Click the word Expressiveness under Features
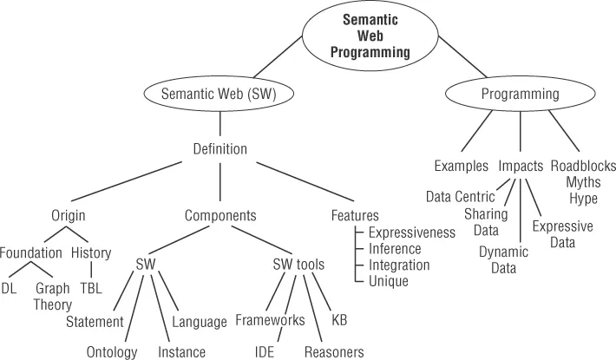412,232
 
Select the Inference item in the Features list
395,249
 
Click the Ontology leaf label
113,351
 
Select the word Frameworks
270,321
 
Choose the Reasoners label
335,351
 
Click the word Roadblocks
582,165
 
